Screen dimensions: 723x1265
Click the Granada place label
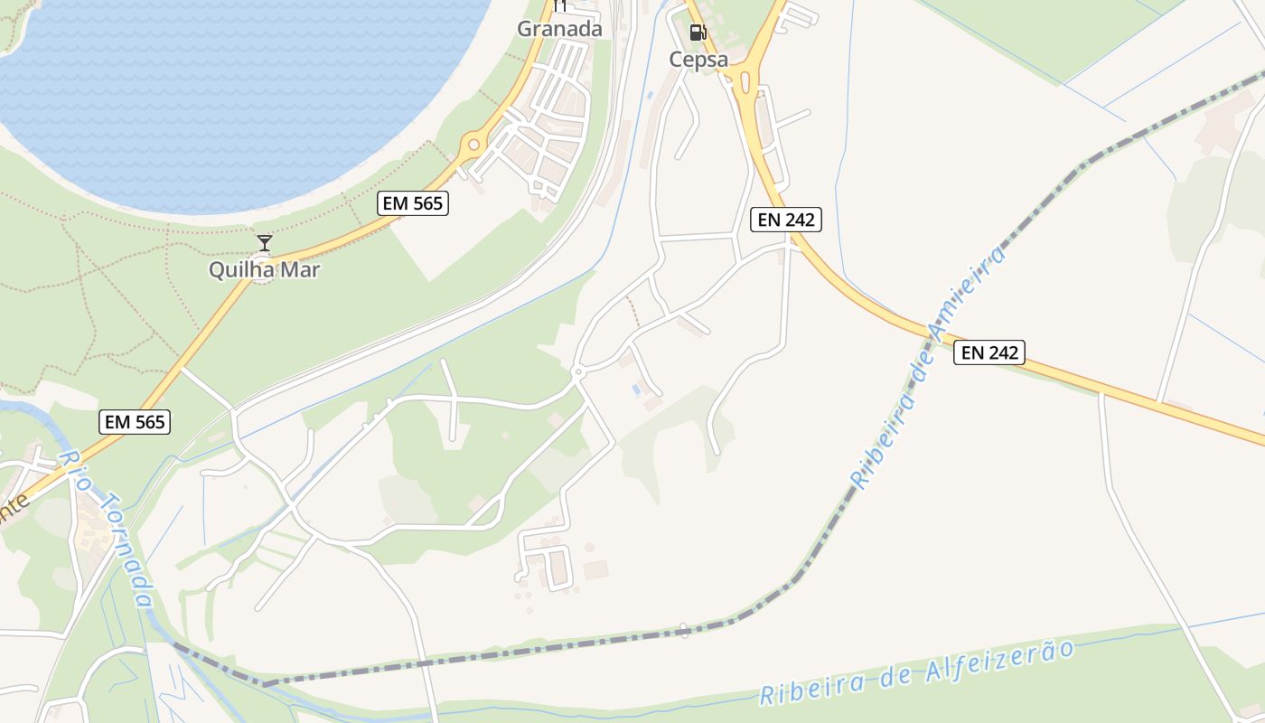pos(559,29)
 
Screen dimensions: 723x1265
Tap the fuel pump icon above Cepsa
pos(698,33)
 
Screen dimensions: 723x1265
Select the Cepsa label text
pos(698,60)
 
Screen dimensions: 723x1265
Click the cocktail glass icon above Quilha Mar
pos(265,242)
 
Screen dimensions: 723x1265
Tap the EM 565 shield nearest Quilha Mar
pos(413,203)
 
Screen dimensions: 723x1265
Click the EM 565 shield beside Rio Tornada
pos(135,421)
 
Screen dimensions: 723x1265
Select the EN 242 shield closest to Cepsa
pos(785,220)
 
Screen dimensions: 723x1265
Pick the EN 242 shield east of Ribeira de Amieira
pos(989,352)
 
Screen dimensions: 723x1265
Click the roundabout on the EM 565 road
pos(471,145)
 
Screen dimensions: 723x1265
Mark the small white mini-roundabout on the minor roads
pos(578,371)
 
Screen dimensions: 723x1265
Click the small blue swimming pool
pos(638,390)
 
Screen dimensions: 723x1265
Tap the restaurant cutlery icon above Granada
pos(559,5)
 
